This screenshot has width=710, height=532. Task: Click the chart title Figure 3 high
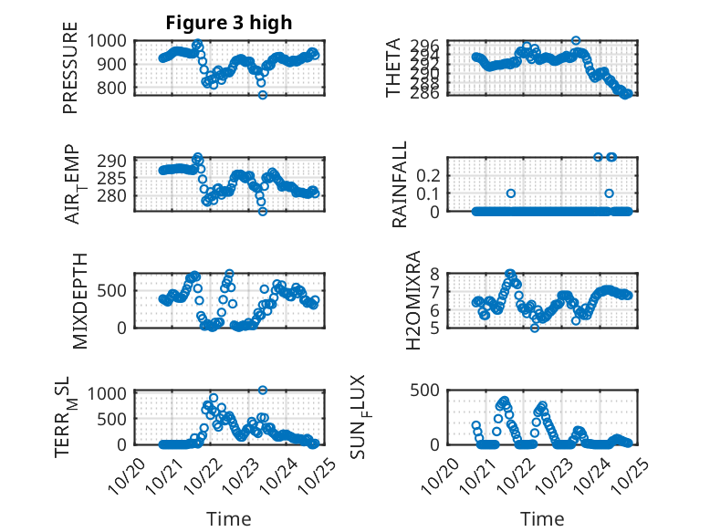(x=228, y=23)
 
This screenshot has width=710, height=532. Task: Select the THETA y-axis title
(x=393, y=68)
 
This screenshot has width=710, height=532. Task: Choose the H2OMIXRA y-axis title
(x=412, y=300)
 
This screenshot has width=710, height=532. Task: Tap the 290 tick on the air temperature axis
(x=119, y=159)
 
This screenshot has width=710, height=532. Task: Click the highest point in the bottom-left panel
(x=263, y=390)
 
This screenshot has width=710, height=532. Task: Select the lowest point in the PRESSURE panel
(x=263, y=95)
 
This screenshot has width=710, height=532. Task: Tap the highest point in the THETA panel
(x=576, y=40)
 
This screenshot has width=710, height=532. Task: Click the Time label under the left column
(x=228, y=518)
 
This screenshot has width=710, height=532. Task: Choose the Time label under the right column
(x=542, y=518)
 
